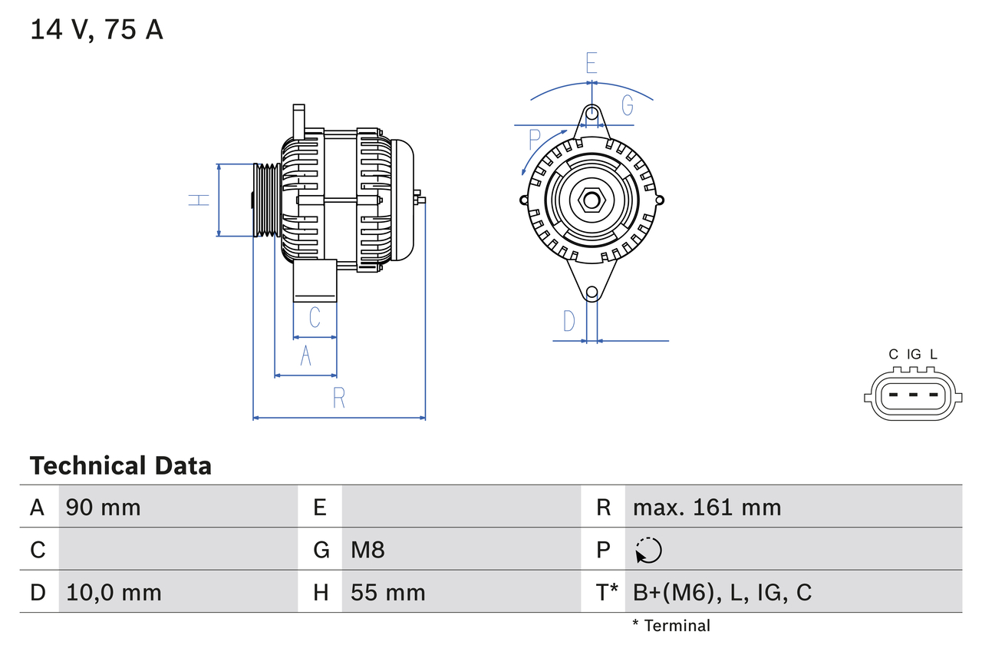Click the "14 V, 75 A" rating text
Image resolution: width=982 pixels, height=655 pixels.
pyautogui.click(x=97, y=29)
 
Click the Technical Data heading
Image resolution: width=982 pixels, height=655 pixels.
pyautogui.click(x=120, y=465)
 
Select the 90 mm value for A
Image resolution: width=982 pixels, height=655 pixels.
pyautogui.click(x=104, y=507)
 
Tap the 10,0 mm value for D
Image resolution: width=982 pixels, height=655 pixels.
pyautogui.click(x=114, y=592)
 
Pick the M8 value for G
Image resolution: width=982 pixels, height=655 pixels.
pyautogui.click(x=367, y=550)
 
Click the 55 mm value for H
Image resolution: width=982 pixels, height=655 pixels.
pyautogui.click(x=387, y=592)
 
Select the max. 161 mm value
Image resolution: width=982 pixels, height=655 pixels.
pyautogui.click(x=707, y=507)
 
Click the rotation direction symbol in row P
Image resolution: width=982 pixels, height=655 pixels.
pyautogui.click(x=648, y=550)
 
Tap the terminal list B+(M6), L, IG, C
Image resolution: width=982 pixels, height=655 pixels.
pyautogui.click(x=722, y=592)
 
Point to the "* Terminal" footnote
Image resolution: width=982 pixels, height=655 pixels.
pyautogui.click(x=671, y=626)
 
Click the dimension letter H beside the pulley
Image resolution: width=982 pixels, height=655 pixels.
pyautogui.click(x=199, y=200)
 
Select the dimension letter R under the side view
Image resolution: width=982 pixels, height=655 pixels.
pyautogui.click(x=339, y=398)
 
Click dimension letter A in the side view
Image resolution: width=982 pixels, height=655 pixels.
pyautogui.click(x=306, y=356)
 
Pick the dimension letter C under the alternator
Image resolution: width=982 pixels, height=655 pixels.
pyautogui.click(x=315, y=317)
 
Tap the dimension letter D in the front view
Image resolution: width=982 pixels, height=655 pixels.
pyautogui.click(x=569, y=321)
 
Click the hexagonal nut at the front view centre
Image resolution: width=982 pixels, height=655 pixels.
pyautogui.click(x=591, y=200)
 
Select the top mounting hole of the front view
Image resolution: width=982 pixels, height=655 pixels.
pyautogui.click(x=592, y=114)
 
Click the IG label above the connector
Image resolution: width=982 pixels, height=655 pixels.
pyautogui.click(x=914, y=354)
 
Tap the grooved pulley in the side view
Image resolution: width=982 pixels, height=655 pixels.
pyautogui.click(x=266, y=200)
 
